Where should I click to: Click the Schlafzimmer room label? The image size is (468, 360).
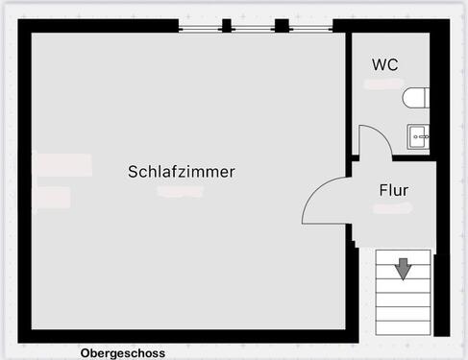(182, 172)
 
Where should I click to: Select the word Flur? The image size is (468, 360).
(394, 190)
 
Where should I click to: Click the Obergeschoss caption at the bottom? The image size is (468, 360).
(123, 353)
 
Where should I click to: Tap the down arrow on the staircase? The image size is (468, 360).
(403, 268)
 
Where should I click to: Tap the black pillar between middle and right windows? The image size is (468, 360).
(282, 25)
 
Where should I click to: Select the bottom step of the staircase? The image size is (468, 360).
(402, 325)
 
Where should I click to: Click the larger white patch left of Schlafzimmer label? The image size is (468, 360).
(62, 164)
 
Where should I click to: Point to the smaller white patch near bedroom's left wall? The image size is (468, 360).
(53, 198)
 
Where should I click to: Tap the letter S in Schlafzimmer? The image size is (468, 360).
(133, 172)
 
